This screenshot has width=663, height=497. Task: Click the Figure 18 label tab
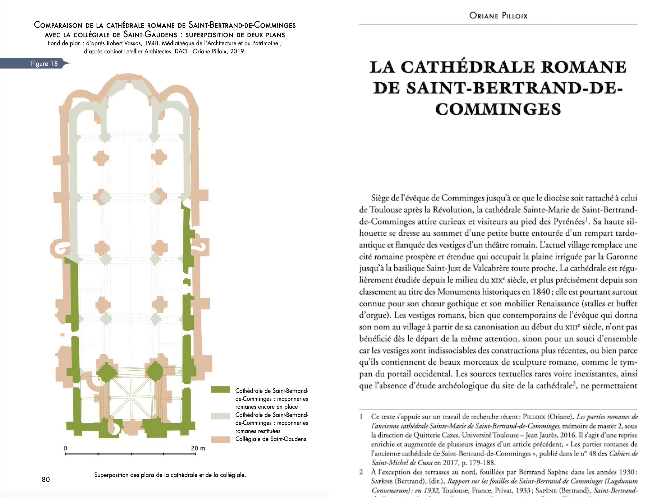44,63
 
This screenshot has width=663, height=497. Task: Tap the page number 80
46,480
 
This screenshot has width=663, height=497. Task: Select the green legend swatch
220,389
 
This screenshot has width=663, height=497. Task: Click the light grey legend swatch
220,416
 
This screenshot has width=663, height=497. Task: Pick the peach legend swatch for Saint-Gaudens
220,439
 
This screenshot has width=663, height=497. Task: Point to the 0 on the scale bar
65,448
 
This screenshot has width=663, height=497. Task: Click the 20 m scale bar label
198,448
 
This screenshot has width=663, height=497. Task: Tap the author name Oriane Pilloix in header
498,16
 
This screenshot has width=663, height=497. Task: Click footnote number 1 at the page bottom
361,417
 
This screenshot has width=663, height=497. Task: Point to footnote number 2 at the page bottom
361,472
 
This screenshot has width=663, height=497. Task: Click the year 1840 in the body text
541,292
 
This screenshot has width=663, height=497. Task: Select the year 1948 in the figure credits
151,43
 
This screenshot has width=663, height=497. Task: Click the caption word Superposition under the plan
111,475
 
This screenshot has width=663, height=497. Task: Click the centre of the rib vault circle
131,397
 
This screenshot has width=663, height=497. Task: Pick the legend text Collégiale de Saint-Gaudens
270,439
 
